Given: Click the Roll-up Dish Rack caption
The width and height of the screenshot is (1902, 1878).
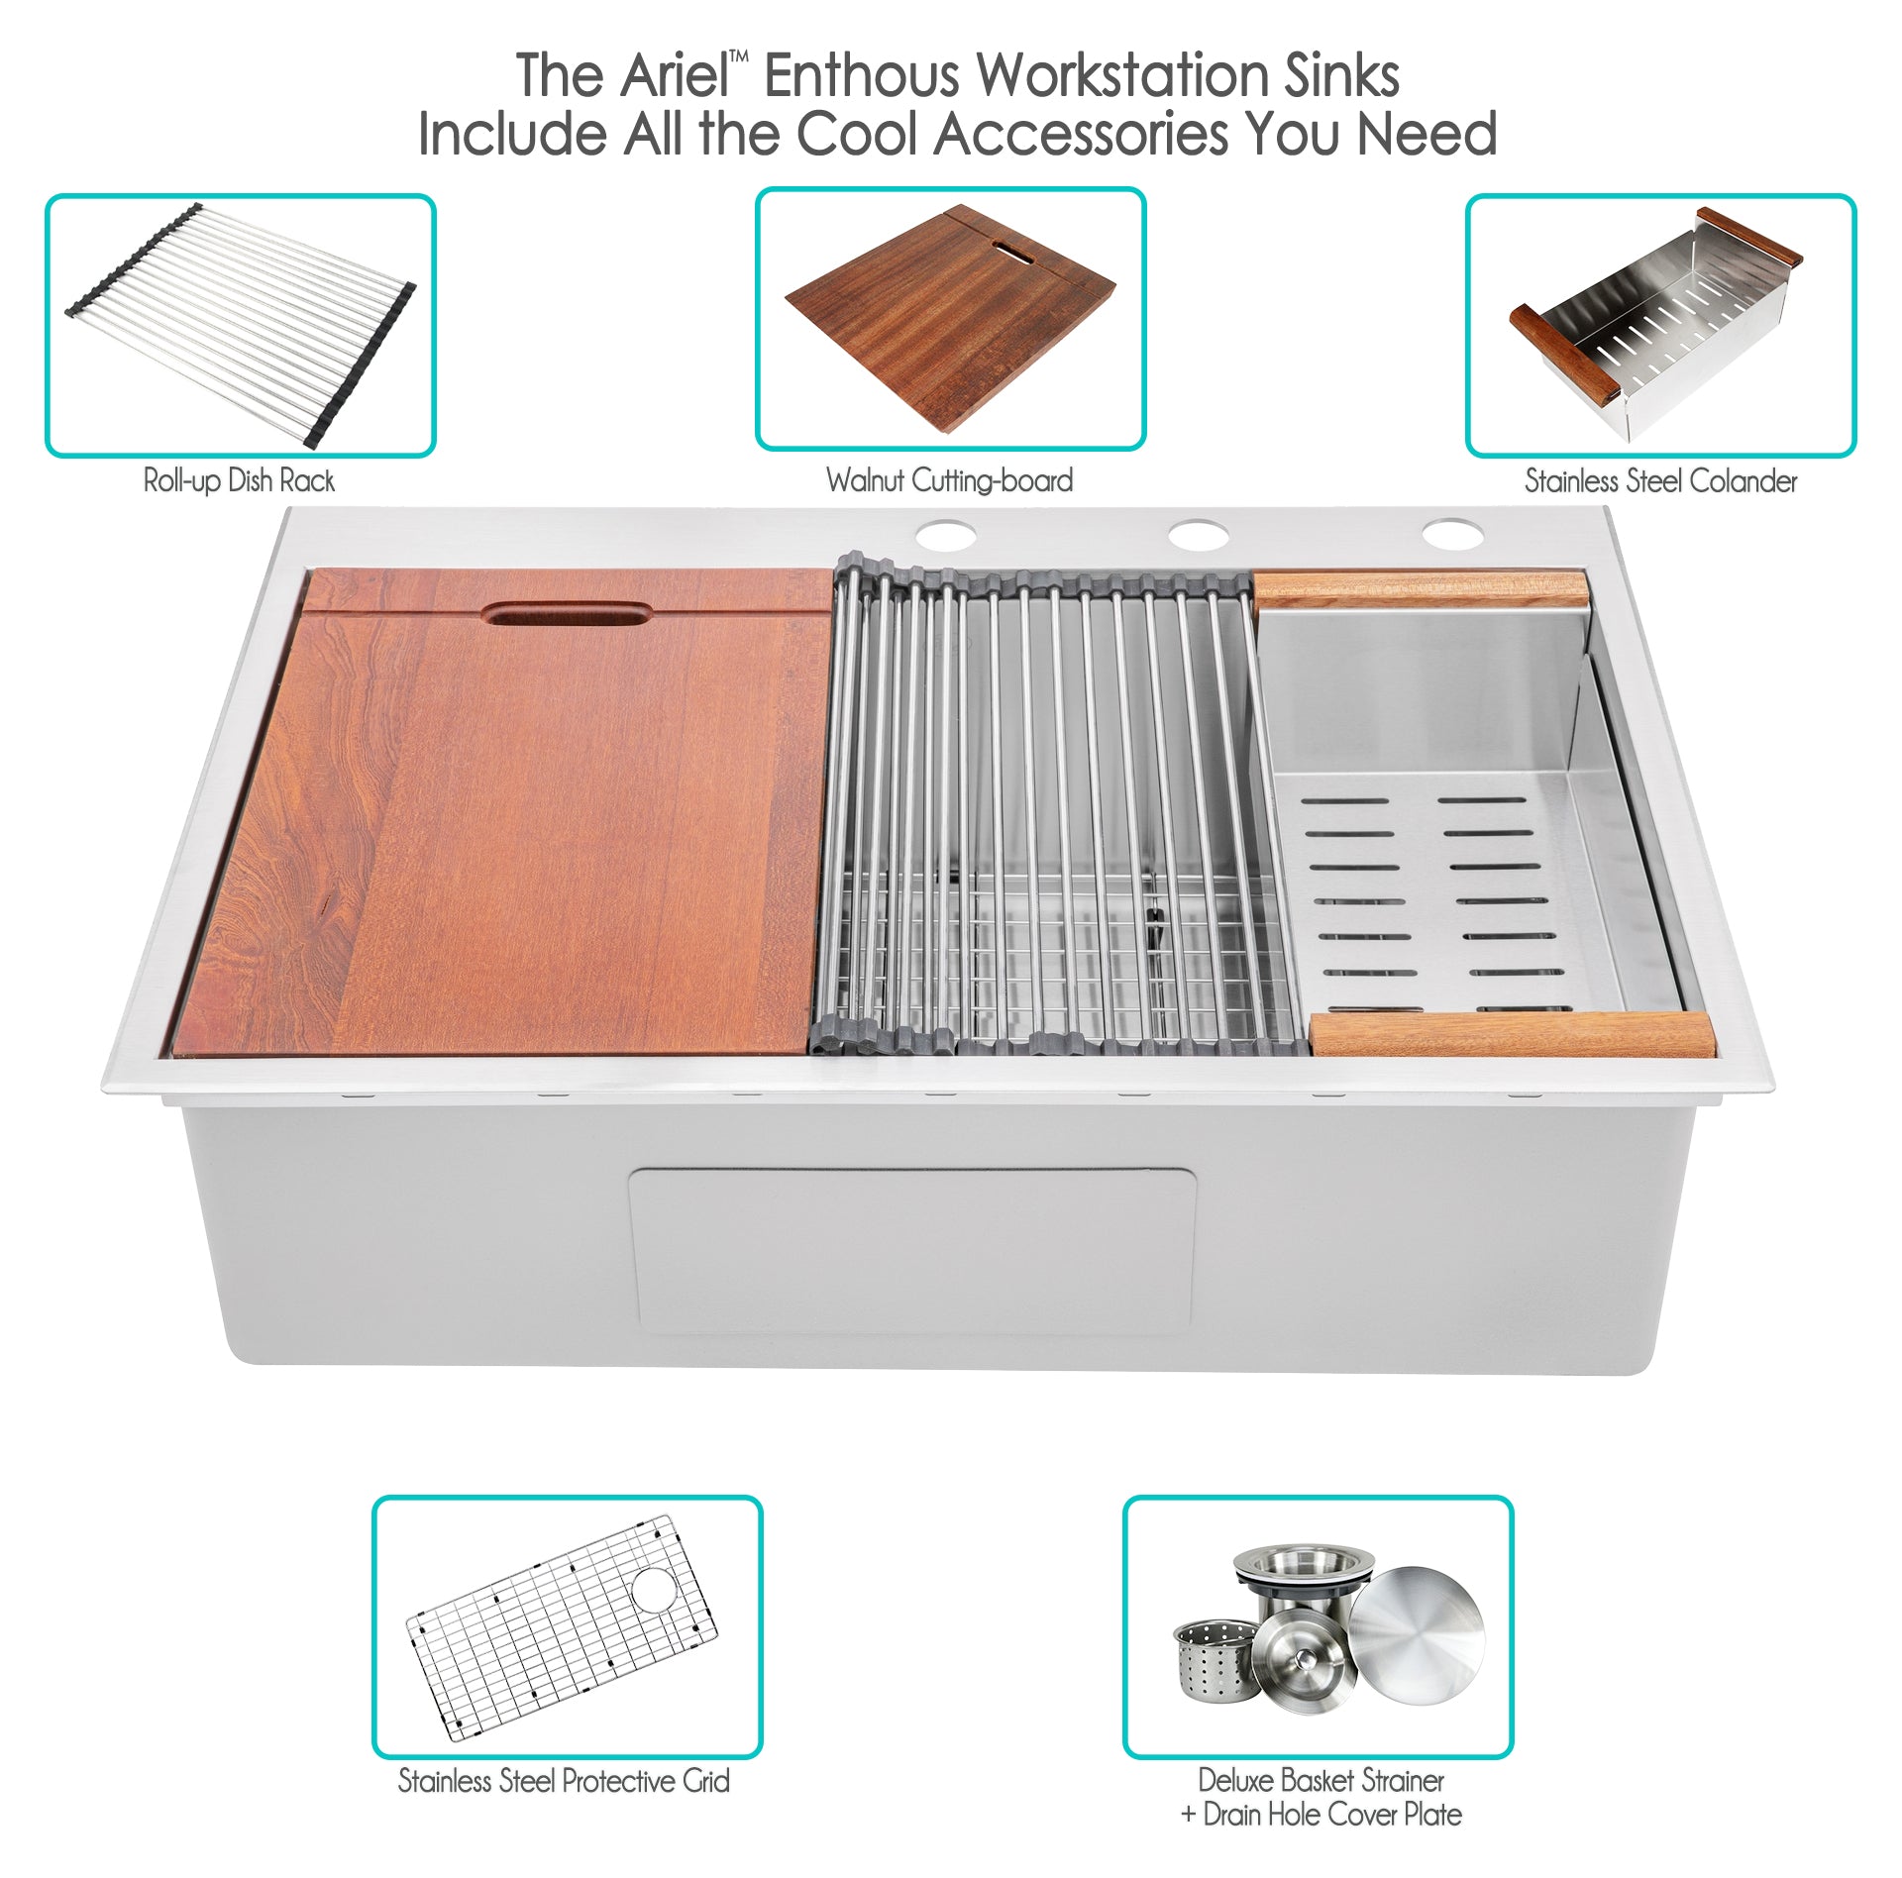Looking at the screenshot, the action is [239, 481].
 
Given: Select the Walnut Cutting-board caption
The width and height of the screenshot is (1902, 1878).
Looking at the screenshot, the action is [949, 481].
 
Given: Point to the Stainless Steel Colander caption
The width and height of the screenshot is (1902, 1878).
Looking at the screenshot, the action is [1660, 481].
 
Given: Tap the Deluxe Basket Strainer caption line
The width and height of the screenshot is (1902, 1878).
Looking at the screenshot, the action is [1321, 1780].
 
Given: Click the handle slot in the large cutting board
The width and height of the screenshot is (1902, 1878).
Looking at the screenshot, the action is [567, 613].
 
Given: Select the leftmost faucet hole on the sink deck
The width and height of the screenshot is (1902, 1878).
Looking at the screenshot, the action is [945, 536].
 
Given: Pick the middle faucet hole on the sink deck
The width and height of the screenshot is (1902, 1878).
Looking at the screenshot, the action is [1199, 536].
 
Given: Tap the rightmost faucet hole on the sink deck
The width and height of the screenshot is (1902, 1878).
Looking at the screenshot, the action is [1453, 535].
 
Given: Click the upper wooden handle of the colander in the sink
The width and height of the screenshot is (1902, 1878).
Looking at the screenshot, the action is [1422, 589].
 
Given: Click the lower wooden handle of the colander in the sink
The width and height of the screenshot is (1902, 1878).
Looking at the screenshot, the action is [1513, 1033].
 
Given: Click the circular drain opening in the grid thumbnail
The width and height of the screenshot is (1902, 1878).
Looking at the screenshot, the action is [654, 1589].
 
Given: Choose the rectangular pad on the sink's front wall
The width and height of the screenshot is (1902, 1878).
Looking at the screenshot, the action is [911, 1250].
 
